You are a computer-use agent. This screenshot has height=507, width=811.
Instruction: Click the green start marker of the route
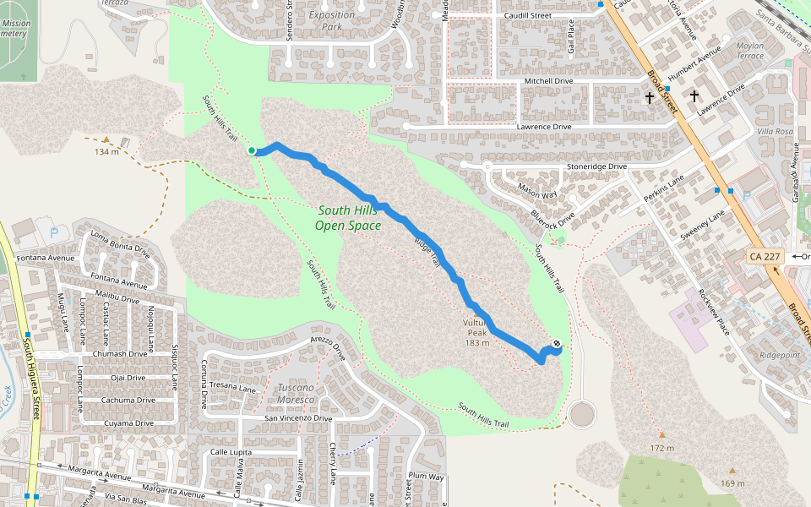252,150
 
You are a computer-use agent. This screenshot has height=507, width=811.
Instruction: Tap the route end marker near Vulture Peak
556,344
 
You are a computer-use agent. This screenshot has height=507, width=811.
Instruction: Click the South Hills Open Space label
348,218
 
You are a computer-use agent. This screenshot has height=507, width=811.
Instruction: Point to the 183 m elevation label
477,342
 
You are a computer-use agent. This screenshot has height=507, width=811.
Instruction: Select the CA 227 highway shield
765,256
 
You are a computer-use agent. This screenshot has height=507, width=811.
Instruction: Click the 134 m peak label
106,152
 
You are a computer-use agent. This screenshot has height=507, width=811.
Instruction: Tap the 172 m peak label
662,447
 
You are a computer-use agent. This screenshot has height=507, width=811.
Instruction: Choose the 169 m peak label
732,483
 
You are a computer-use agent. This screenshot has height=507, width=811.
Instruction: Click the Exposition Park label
332,20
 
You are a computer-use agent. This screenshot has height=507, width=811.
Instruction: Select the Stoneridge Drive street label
597,166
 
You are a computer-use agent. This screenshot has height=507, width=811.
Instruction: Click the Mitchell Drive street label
548,81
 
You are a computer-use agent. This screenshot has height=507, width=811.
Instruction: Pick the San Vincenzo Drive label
298,418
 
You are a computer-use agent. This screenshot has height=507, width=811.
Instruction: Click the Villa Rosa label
775,132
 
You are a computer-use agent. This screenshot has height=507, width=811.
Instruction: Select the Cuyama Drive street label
122,422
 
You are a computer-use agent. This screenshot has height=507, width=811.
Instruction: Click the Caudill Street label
526,15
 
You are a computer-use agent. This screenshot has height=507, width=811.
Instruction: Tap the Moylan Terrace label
750,50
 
